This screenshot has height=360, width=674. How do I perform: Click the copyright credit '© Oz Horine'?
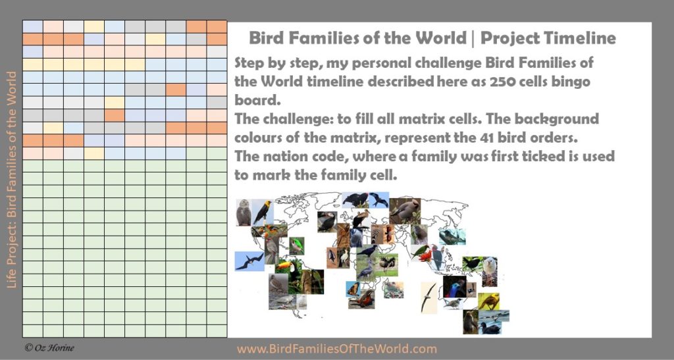point(49,347)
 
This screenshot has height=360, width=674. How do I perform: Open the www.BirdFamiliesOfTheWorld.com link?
point(336,348)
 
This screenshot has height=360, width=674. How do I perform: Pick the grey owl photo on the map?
point(244,212)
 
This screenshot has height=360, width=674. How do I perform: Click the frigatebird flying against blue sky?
point(249,261)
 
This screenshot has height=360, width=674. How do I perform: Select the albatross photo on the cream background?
point(428,297)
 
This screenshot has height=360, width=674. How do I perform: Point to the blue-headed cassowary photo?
point(454,286)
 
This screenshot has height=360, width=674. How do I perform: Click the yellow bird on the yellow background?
point(489,301)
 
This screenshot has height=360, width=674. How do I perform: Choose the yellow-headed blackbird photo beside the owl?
point(262,212)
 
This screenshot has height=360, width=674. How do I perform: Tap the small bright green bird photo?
point(297,245)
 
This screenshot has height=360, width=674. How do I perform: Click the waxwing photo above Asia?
point(405,211)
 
